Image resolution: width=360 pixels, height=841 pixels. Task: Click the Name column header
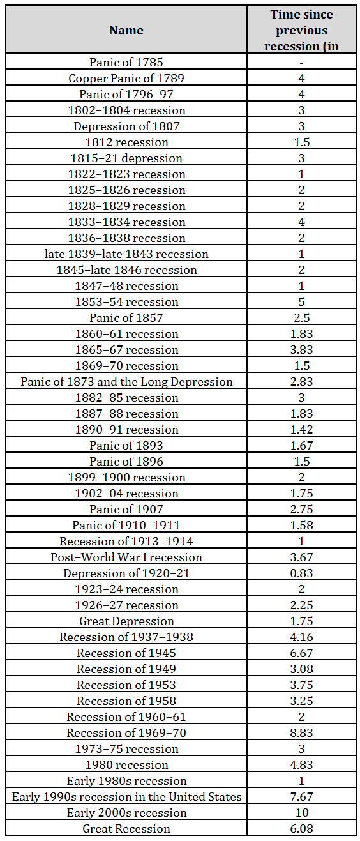[126, 30]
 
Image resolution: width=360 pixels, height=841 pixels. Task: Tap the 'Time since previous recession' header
[301, 30]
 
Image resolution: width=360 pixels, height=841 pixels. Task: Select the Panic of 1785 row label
[126, 62]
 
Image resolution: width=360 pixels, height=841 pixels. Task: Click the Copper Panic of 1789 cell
[126, 78]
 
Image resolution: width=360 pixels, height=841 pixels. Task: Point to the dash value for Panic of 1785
[301, 63]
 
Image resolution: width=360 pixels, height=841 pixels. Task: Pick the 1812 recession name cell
[126, 142]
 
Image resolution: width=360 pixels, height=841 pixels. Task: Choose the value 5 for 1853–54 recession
[301, 302]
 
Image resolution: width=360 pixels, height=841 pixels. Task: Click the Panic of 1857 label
[126, 317]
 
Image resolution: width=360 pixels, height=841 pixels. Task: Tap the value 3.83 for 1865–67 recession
[301, 349]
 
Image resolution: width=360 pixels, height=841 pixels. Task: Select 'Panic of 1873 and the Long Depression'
[126, 381]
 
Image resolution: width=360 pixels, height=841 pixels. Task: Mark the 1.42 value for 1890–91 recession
[301, 430]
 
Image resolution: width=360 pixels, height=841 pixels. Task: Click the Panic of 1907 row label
[126, 509]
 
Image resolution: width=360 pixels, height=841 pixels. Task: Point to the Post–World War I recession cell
[126, 557]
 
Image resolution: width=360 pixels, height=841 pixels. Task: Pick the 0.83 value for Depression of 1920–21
[301, 573]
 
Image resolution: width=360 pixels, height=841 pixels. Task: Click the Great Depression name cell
[126, 621]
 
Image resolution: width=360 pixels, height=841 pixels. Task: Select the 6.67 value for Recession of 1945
[301, 653]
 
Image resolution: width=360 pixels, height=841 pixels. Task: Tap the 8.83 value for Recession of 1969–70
[301, 732]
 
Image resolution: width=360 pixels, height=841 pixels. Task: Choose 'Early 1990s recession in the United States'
[126, 796]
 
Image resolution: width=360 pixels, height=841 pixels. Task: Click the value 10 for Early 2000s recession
[301, 812]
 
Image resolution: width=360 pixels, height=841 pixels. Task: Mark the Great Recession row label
[126, 828]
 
